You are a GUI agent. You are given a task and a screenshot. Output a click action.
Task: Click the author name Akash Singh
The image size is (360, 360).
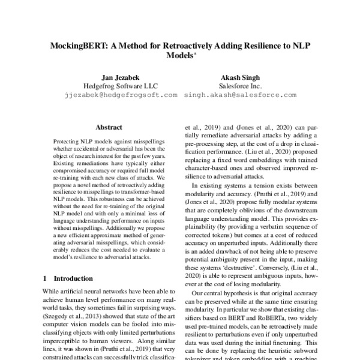pyautogui.click(x=240, y=77)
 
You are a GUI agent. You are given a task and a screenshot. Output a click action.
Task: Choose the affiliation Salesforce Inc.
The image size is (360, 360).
pyautogui.click(x=240, y=86)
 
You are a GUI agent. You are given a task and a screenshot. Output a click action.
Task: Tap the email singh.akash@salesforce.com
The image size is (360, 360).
pyautogui.click(x=240, y=95)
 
